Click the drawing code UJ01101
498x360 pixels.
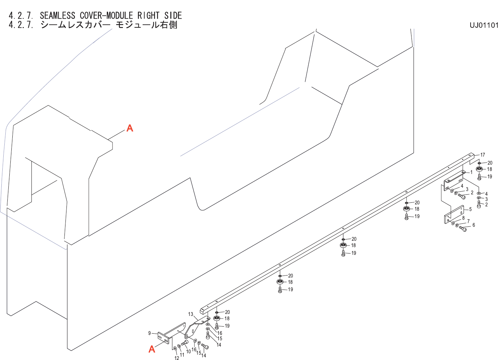tap(484, 25)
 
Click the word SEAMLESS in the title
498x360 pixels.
tap(57, 15)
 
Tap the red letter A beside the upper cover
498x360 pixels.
tap(130, 128)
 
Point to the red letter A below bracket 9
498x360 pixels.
tap(152, 349)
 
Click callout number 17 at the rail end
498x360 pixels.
tap(482, 155)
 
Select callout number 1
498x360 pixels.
tap(471, 172)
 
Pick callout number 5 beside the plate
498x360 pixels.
tap(470, 209)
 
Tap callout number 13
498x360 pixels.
tap(190, 314)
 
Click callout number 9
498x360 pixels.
tap(150, 333)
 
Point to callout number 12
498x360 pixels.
tap(177, 358)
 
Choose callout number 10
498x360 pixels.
tap(188, 351)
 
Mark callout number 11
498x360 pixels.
tap(182, 355)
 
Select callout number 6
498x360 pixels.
tap(474, 225)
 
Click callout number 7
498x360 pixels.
tap(468, 221)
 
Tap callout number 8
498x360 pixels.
tap(463, 218)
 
